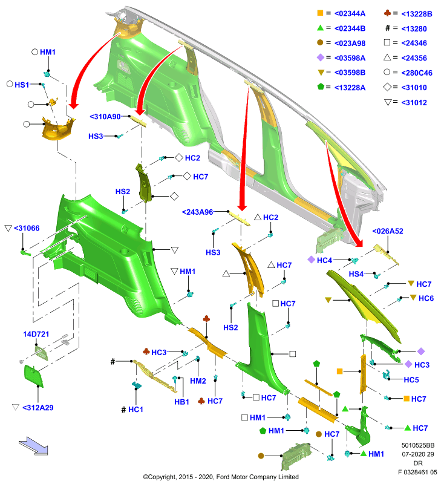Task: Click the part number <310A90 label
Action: tap(105, 117)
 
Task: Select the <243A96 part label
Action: tap(197, 212)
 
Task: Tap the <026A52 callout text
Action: tap(388, 231)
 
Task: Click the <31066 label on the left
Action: tap(27, 228)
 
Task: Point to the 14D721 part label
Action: tap(36, 334)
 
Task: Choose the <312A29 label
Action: tap(38, 408)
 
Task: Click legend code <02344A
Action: tap(350, 13)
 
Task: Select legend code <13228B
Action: tap(417, 14)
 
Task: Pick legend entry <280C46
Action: tap(417, 73)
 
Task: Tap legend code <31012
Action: tap(414, 102)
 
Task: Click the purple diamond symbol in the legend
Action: tap(321, 57)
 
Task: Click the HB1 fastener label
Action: tap(181, 402)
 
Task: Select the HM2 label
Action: tap(198, 381)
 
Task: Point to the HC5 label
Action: tap(411, 380)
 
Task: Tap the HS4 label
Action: tap(356, 274)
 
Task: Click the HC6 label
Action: tap(426, 298)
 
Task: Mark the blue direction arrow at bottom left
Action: tap(34, 446)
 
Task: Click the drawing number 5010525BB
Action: tap(418, 445)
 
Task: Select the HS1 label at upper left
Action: tap(22, 85)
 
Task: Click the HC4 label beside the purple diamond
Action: tap(325, 261)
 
